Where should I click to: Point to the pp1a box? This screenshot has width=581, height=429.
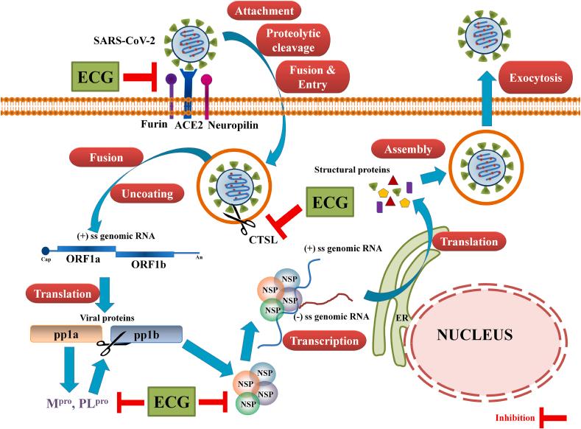tap(66, 335)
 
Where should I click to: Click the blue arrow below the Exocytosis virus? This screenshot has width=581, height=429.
tap(486, 103)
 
